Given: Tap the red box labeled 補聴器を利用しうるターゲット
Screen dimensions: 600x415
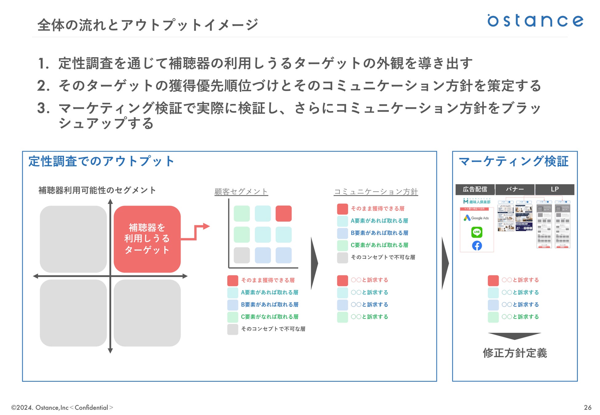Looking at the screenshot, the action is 147,239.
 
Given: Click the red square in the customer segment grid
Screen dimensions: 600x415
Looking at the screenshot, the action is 283,214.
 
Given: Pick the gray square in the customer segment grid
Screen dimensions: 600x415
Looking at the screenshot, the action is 242,255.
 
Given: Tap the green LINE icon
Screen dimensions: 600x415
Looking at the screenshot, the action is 477,232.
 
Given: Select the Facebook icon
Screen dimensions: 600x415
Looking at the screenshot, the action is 477,246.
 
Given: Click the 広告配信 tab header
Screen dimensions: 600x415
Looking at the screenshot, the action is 475,189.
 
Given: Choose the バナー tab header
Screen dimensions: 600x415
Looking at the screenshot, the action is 515,189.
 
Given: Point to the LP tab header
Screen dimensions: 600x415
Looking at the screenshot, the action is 554,189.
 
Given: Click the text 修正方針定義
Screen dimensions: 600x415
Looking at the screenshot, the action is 515,353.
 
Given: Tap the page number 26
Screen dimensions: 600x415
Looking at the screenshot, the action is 587,407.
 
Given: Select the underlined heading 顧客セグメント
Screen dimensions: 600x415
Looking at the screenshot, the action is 241,192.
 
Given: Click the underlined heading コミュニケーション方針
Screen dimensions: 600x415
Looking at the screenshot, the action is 376,192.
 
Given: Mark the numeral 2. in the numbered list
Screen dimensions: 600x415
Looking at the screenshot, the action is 43,86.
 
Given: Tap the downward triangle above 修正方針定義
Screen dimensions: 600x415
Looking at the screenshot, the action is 514,336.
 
